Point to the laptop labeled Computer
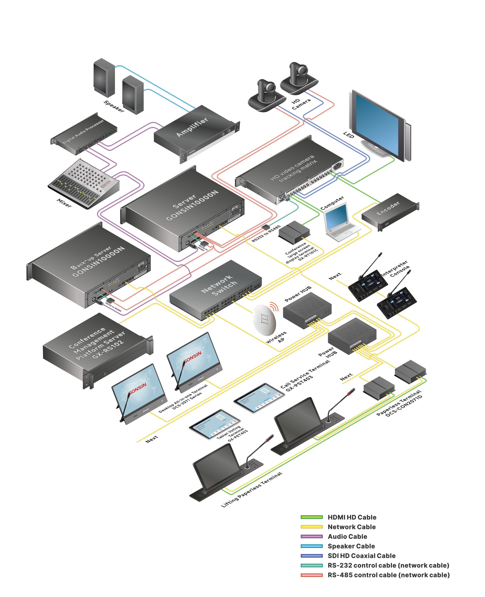click(339, 221)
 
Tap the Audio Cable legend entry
click(347, 537)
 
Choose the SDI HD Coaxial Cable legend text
click(361, 556)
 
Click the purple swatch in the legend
click(311, 537)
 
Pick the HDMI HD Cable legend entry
click(352, 517)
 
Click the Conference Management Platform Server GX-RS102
click(96, 347)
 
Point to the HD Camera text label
click(300, 104)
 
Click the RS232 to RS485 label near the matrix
click(266, 234)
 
